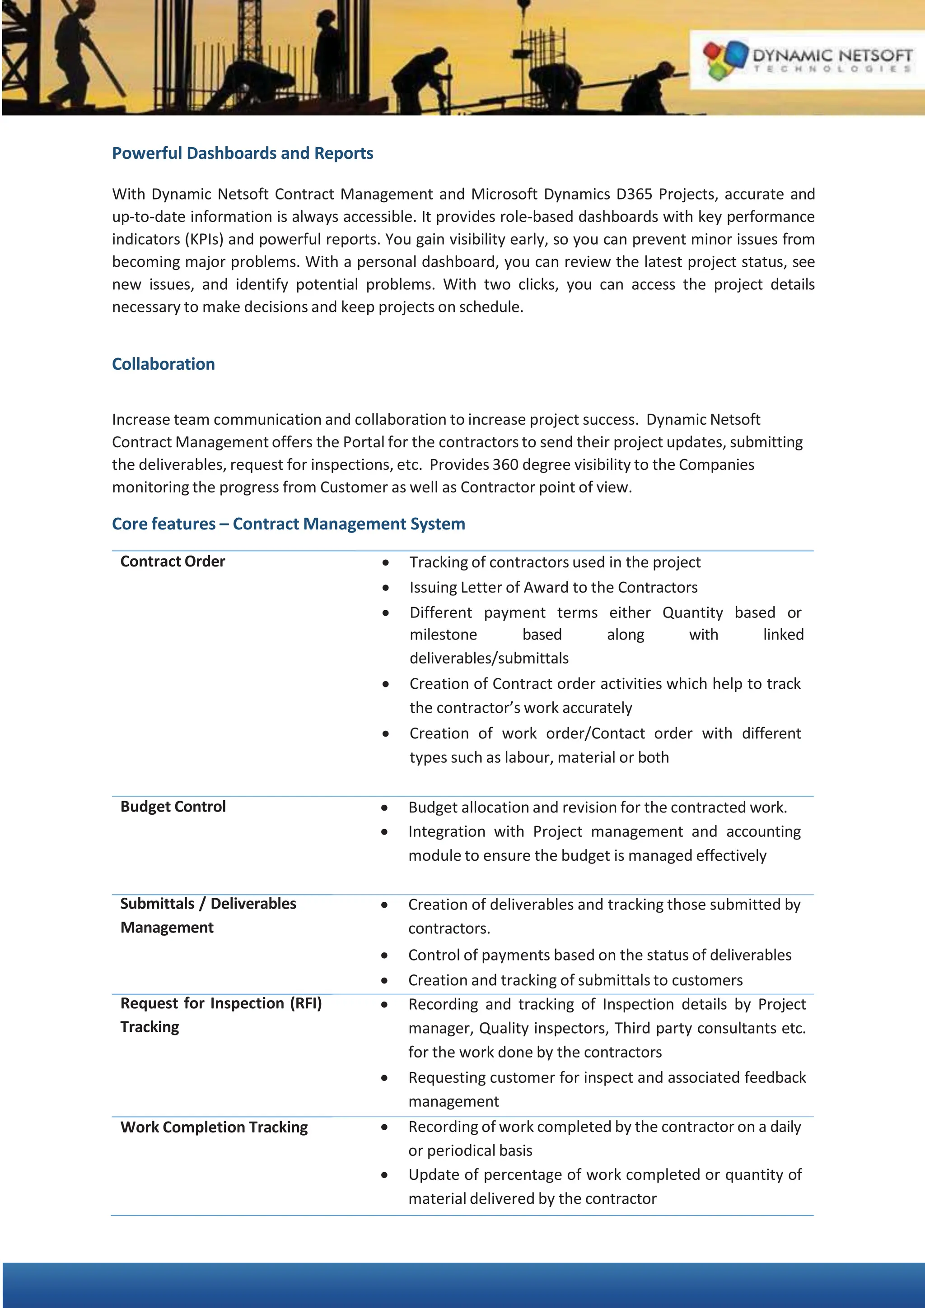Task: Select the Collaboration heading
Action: [x=164, y=364]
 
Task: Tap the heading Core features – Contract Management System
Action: [x=289, y=524]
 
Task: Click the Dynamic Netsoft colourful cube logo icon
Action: [x=724, y=59]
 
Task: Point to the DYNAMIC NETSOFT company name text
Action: [x=832, y=55]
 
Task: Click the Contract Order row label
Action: [x=173, y=562]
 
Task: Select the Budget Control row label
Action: [x=173, y=807]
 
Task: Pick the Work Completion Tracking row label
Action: [x=214, y=1127]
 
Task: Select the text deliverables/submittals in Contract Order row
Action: [x=489, y=659]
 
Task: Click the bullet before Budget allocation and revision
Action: [x=385, y=808]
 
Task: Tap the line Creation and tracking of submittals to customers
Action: [x=575, y=980]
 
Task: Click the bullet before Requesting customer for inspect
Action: [x=385, y=1078]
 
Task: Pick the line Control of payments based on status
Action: [x=599, y=955]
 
